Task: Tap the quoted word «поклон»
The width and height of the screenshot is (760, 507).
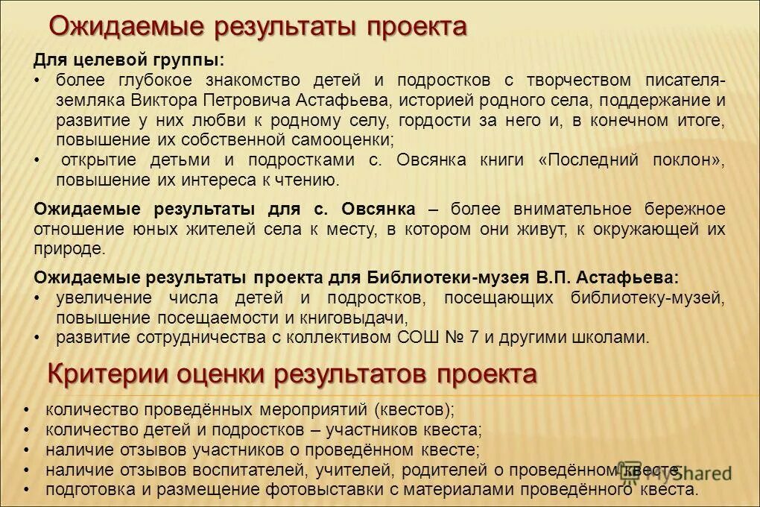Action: tap(685, 160)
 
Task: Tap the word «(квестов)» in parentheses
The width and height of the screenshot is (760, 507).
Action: tap(414, 410)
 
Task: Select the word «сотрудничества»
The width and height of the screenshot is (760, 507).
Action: tap(202, 337)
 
